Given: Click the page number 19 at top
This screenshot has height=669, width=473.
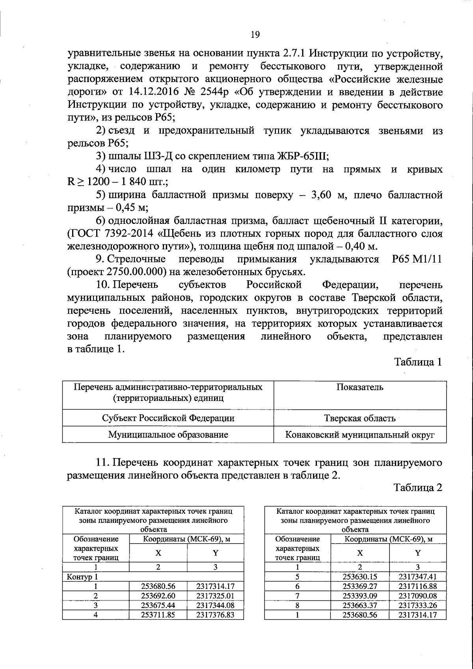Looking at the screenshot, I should click(255, 35).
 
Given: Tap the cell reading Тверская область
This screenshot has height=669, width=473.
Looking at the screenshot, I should click(359, 418).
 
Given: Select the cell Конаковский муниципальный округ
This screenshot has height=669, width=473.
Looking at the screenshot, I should click(359, 435).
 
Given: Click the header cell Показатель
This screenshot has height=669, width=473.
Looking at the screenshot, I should click(359, 387).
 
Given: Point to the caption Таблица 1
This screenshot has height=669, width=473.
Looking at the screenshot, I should click(418, 362).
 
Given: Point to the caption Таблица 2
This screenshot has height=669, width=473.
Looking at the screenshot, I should click(418, 488).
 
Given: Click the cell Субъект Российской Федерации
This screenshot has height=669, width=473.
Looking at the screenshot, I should click(168, 418).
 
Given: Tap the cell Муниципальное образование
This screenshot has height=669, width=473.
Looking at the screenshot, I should click(168, 435).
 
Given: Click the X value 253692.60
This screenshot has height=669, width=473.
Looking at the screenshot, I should click(158, 596).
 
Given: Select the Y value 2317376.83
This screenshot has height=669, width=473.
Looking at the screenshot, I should click(215, 615).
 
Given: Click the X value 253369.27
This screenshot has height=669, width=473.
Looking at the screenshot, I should click(360, 586).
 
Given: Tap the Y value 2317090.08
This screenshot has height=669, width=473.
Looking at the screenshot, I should click(417, 596).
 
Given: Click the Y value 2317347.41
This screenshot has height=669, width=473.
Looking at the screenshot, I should click(417, 577).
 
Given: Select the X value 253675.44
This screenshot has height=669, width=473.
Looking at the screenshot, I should click(158, 605).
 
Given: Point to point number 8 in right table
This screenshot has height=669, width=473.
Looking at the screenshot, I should click(298, 605).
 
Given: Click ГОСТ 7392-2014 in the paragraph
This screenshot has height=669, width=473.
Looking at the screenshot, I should click(111, 234).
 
